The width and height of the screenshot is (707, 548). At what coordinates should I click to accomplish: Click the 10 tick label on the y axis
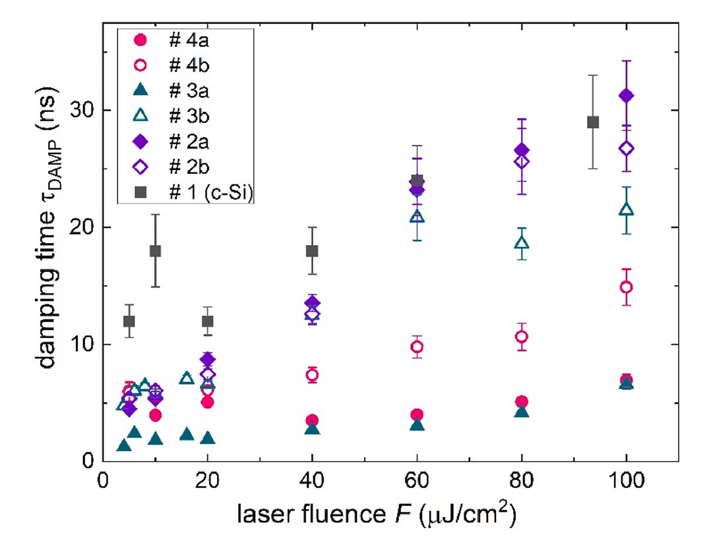86,344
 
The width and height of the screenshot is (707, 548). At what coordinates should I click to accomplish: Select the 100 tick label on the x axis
626,481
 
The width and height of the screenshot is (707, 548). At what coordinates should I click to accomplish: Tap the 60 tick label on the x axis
417,481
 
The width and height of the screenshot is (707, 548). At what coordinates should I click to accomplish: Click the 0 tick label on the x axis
103,481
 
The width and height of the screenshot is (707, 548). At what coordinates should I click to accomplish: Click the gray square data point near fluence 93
593,122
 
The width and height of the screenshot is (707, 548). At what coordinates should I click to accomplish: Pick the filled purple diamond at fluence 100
627,96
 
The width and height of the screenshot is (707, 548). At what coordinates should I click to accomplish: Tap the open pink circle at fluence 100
627,287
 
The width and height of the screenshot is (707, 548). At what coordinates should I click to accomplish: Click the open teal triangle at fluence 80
522,243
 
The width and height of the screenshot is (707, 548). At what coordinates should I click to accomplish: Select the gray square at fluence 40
312,251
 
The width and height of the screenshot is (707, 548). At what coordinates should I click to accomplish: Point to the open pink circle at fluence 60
417,347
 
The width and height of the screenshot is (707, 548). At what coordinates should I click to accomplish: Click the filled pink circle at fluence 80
522,402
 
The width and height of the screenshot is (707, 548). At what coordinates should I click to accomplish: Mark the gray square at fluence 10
155,251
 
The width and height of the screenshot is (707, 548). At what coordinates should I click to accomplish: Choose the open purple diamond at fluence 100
627,148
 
